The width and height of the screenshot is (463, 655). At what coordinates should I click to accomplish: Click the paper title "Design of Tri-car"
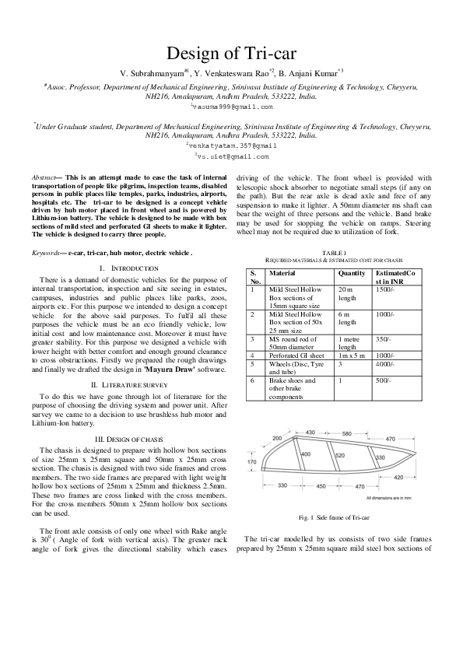(x=231, y=53)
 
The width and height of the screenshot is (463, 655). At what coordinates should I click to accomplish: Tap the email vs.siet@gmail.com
(x=232, y=156)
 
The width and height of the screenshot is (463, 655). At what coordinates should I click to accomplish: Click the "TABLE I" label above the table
(x=334, y=253)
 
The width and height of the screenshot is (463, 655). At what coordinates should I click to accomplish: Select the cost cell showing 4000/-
(x=386, y=363)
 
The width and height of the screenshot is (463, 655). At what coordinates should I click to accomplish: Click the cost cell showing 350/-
(x=384, y=340)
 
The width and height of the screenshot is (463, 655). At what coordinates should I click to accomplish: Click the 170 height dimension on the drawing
(x=251, y=461)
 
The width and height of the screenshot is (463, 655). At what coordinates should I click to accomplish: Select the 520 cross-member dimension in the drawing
(x=339, y=455)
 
